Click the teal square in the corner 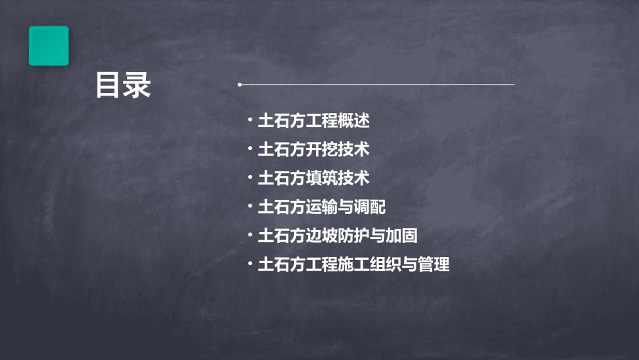point(48,46)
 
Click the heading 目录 point(123,86)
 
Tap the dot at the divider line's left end point(239,85)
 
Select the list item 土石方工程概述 point(313,121)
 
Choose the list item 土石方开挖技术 point(313,149)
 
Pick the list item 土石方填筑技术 point(313,178)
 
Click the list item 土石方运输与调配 point(322,207)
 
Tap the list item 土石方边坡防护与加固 point(338,236)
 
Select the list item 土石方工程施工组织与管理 point(354,264)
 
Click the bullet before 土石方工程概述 point(250,120)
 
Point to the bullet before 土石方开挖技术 point(250,149)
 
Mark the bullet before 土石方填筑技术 point(250,178)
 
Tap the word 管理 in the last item point(434,264)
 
